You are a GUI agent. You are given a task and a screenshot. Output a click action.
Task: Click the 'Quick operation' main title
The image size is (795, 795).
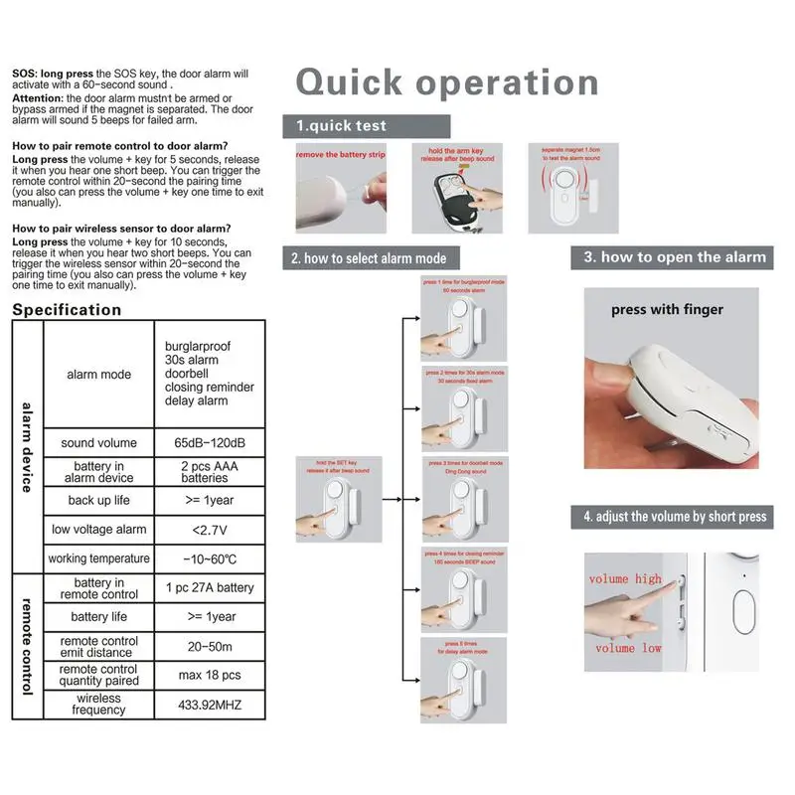point(447,82)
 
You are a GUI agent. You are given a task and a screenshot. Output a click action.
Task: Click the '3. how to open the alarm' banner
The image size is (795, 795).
point(675,257)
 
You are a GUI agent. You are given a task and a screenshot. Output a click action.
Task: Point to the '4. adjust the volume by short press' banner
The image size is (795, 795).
point(675,516)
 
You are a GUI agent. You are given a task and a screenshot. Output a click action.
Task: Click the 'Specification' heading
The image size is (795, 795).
point(67,310)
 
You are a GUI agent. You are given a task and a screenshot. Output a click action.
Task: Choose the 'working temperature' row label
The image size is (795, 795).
point(99,558)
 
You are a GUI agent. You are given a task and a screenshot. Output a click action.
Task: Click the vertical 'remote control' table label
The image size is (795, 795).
point(26,646)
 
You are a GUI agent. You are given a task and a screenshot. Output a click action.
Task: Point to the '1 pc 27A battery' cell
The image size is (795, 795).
point(210,587)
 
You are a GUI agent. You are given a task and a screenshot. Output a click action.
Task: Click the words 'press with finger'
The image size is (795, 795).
point(667,310)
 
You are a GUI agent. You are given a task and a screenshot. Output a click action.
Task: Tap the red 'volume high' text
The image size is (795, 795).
point(624,578)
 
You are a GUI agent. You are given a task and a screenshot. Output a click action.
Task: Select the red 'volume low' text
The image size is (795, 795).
point(628,648)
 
